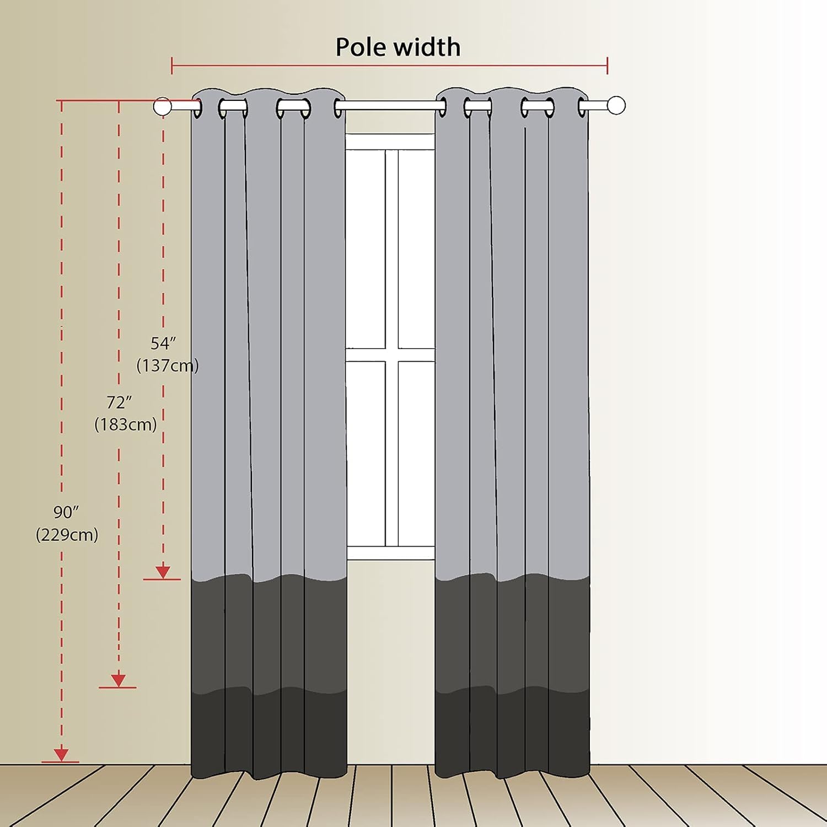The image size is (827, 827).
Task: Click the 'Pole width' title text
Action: click(x=398, y=47)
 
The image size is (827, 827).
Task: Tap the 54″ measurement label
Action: click(x=163, y=343)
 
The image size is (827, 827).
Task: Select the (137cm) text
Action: click(x=167, y=366)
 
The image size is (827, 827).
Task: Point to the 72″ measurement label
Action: click(x=120, y=402)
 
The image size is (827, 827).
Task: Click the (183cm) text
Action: click(x=126, y=425)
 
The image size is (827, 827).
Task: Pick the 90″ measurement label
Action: click(x=66, y=512)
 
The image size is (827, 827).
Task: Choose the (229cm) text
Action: click(x=67, y=535)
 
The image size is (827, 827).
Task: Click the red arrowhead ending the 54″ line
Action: click(x=163, y=572)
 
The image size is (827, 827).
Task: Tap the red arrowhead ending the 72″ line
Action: click(x=119, y=680)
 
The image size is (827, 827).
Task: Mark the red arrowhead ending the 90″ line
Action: click(x=61, y=755)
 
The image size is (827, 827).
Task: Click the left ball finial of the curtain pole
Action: click(x=162, y=106)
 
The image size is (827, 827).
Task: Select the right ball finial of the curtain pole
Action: click(x=616, y=105)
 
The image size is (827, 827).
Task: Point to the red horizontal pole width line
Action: click(x=390, y=66)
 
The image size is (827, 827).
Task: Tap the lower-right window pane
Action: click(x=416, y=453)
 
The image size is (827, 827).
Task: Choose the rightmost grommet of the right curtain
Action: click(x=583, y=107)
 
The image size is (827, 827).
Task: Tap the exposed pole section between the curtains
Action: click(x=390, y=105)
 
